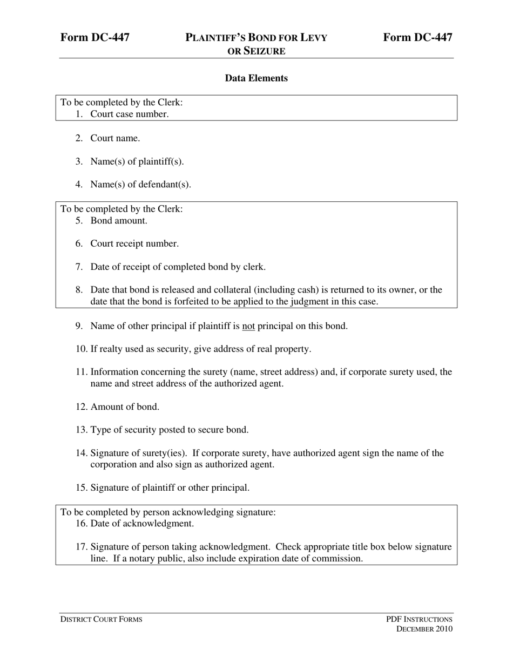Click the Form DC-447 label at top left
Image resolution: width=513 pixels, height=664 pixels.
[95, 37]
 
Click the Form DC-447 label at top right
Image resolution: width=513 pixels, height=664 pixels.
[417, 37]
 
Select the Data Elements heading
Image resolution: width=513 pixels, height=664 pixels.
[256, 78]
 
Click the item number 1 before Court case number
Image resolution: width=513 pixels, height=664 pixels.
[79, 114]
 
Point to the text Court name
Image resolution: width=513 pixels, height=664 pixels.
[115, 138]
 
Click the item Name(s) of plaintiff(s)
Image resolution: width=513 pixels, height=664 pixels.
[137, 161]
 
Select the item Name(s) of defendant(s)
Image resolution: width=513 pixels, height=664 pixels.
[140, 184]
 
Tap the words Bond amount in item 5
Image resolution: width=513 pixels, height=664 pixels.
[119, 220]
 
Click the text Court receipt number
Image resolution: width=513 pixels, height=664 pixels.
[134, 243]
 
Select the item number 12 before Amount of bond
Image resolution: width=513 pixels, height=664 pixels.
[82, 407]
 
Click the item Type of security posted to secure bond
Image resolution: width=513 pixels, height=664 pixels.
[170, 430]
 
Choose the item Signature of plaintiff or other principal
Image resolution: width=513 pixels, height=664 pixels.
[170, 488]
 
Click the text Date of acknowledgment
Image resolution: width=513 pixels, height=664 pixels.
[142, 524]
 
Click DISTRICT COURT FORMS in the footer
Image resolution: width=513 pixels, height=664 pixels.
[101, 619]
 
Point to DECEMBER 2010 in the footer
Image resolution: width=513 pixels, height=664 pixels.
[424, 629]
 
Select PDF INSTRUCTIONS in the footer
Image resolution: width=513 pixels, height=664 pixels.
[419, 619]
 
